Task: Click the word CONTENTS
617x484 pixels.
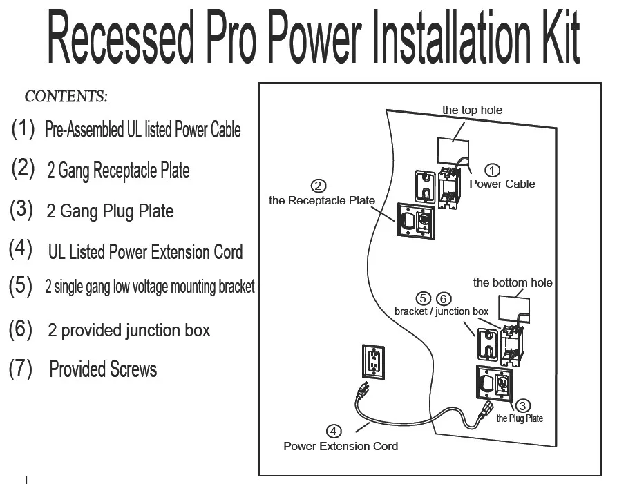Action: (x=66, y=96)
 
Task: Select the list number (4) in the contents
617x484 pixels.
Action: (x=21, y=249)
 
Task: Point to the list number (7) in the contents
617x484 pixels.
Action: (x=21, y=369)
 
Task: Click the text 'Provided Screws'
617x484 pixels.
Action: (x=103, y=369)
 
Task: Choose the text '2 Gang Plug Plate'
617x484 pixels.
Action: (x=110, y=211)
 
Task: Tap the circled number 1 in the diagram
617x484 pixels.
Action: (x=493, y=170)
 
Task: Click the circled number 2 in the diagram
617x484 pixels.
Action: (x=319, y=186)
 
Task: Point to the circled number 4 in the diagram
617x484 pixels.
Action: (x=334, y=432)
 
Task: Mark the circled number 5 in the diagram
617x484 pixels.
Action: (x=423, y=298)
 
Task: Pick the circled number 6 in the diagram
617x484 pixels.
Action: (x=444, y=298)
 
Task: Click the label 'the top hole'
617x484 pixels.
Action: (x=472, y=110)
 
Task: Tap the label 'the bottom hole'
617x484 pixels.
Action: (x=512, y=282)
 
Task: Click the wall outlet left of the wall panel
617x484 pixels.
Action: (x=372, y=361)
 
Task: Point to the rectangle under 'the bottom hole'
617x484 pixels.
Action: (x=514, y=309)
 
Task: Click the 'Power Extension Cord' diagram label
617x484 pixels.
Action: (x=341, y=446)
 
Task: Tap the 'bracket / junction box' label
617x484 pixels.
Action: (x=442, y=311)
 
